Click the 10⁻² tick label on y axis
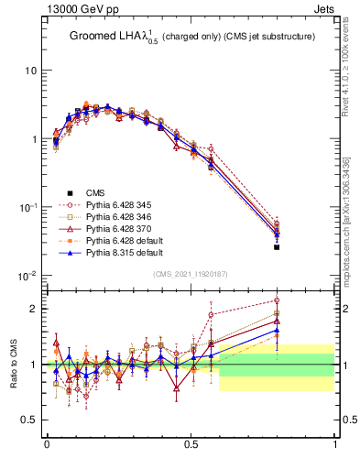pos(27,276)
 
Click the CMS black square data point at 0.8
pos(277,247)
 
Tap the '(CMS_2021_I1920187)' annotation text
pos(191,273)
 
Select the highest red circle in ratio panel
pos(277,300)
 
